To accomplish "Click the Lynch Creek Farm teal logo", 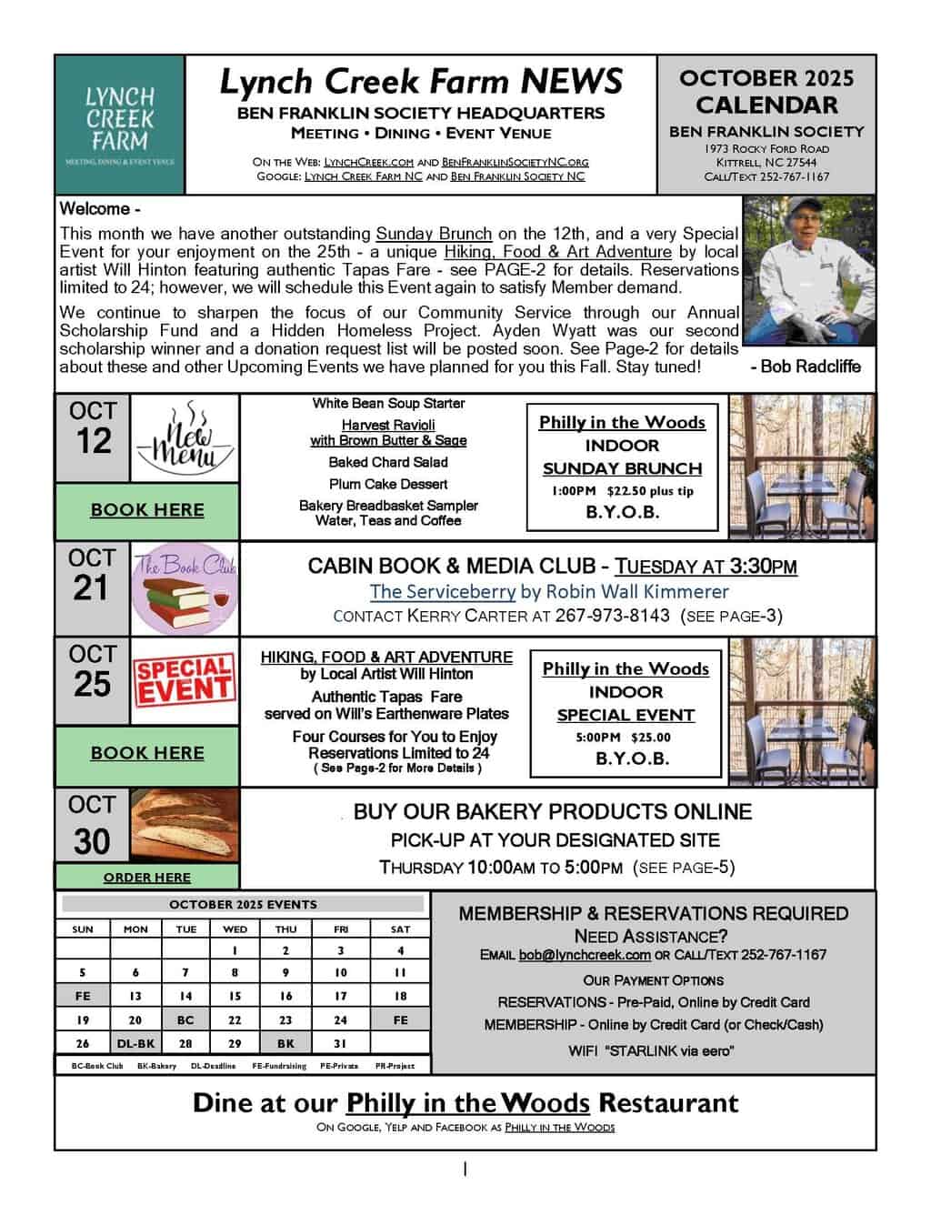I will point(120,125).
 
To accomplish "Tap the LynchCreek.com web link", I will point(369,162).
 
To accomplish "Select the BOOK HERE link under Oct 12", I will point(147,510).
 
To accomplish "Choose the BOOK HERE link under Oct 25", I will point(147,753).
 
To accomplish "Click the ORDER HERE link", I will point(147,878).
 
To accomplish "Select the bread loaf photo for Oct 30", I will point(185,826).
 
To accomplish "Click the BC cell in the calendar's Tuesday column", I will point(185,1020).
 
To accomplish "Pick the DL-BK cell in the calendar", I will point(135,1044).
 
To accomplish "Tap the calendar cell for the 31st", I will point(341,1044).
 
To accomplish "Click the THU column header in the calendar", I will point(285,929).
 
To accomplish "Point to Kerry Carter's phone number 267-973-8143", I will point(612,616).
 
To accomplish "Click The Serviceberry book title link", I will point(442,592).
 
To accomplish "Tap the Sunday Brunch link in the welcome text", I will point(434,234).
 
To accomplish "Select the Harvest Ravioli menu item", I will point(388,425).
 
